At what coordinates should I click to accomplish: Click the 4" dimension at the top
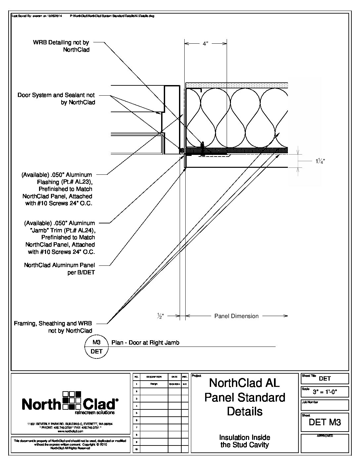pos(205,44)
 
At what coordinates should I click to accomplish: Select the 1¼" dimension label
pos(319,161)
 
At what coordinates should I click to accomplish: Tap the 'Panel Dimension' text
pos(236,316)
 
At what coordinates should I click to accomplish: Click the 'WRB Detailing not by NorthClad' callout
pos(61,46)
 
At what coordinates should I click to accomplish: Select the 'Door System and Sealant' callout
pos(56,99)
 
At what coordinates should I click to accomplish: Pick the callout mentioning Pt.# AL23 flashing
pos(57,189)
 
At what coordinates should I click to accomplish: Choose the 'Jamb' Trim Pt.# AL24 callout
pos(60,237)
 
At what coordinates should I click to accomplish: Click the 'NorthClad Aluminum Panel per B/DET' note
pos(60,268)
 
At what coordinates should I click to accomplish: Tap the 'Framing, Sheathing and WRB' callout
pos(53,327)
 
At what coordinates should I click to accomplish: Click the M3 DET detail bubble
pos(96,347)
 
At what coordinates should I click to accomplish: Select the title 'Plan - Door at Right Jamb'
pos(145,343)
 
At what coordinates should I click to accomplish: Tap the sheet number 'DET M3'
pos(325,422)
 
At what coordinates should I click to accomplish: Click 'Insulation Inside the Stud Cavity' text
pos(245,441)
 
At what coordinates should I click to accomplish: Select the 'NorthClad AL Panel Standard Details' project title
pos(245,397)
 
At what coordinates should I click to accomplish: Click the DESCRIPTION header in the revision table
pos(154,377)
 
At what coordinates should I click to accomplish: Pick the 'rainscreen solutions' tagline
pos(95,413)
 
